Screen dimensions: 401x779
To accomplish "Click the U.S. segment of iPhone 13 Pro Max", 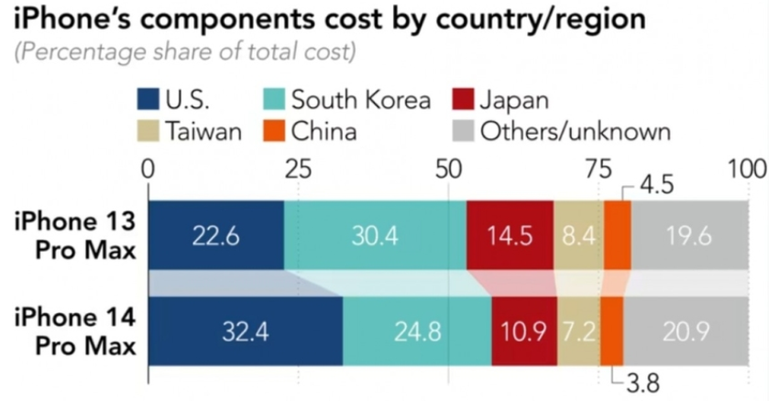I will [215, 235].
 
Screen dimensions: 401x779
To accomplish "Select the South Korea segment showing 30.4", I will [375, 235].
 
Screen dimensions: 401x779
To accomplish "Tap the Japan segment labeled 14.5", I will [510, 235].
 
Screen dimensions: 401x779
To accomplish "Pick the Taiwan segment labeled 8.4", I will [578, 235].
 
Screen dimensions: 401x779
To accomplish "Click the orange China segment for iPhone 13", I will [617, 235].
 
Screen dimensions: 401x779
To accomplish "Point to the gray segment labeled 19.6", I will [689, 235].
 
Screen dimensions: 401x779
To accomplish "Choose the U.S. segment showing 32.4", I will [245, 331].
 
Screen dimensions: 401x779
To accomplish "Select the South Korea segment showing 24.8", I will [417, 331].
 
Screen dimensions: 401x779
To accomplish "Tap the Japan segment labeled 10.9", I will [524, 331].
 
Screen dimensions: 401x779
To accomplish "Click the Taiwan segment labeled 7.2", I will [578, 331].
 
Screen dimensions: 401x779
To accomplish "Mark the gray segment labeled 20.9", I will [686, 331].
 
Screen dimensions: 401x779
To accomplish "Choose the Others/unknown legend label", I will [576, 131].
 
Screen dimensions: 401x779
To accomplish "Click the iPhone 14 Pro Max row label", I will [75, 331].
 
